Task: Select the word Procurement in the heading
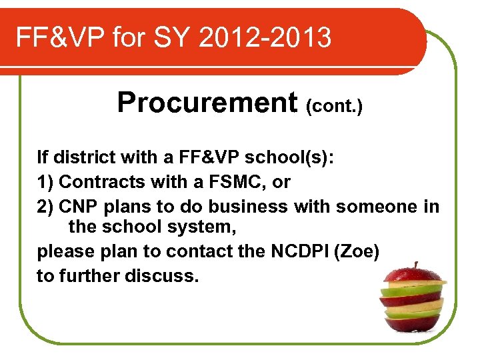(x=207, y=103)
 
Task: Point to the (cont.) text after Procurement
(x=334, y=105)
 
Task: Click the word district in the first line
(x=83, y=157)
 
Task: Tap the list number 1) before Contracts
(x=45, y=181)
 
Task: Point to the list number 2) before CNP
(x=45, y=205)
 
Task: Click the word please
(x=65, y=252)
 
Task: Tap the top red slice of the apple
(x=414, y=275)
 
